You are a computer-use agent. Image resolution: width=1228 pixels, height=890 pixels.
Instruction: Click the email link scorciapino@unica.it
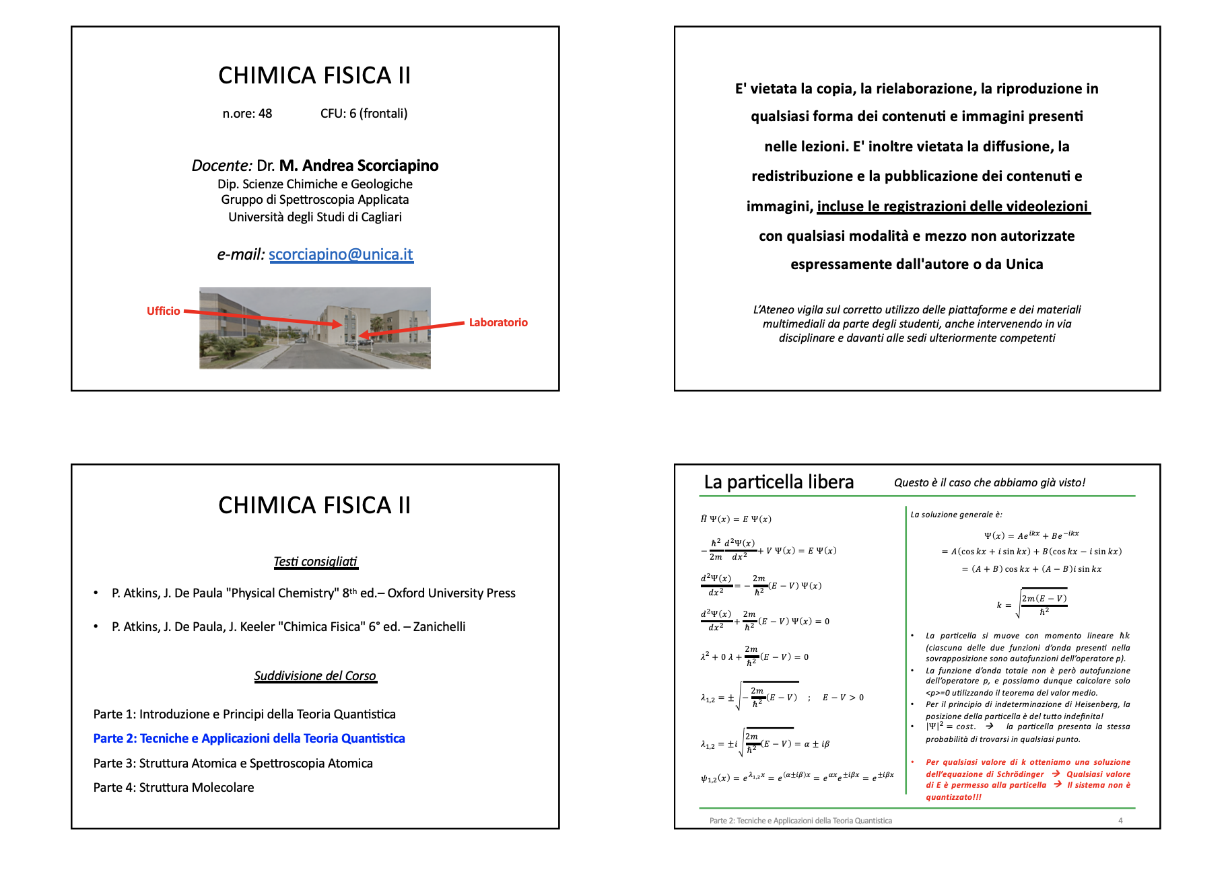(341, 254)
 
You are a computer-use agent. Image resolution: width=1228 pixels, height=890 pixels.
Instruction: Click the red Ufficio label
(163, 311)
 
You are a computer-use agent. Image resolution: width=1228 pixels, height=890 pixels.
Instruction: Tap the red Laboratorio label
(498, 322)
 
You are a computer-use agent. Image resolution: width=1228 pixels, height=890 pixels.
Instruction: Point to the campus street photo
(314, 328)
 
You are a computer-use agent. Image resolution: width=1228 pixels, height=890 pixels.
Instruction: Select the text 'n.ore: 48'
(247, 114)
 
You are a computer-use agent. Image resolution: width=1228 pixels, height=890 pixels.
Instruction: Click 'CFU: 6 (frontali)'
(364, 114)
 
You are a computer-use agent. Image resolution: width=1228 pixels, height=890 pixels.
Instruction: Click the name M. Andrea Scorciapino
(359, 165)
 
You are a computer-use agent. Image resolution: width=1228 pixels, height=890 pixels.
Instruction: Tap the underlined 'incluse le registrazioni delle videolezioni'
(952, 206)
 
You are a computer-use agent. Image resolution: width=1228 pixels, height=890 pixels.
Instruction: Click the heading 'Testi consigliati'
(315, 562)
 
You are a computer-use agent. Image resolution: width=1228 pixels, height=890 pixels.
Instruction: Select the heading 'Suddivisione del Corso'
(315, 676)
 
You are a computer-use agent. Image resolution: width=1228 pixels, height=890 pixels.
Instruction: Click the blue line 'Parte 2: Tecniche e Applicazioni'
(249, 739)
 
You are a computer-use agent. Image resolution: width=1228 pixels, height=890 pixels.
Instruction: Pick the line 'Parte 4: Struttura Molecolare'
(174, 788)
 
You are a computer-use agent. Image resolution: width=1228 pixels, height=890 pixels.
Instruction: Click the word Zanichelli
(439, 627)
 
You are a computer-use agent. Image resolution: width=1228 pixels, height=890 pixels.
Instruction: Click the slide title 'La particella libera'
(778, 482)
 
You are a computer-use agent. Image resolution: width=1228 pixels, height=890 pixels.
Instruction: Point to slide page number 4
(1120, 821)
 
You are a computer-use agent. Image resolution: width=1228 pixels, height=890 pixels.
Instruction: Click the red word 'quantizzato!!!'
(953, 797)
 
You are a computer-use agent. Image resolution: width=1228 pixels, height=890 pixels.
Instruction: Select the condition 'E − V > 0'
(843, 698)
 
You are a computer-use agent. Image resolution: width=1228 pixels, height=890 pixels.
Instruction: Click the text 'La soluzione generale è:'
(956, 515)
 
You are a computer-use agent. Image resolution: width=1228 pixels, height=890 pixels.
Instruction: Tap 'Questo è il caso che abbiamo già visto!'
(989, 482)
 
